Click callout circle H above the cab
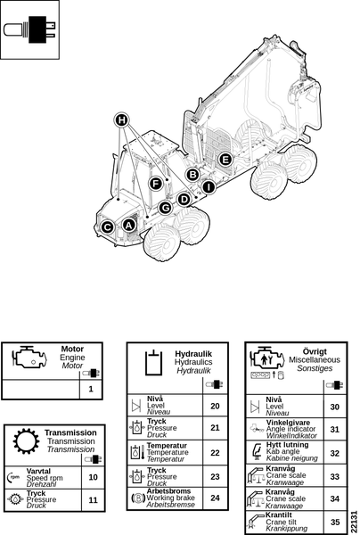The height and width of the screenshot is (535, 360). click(121, 120)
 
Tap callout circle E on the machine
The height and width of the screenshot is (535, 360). click(225, 160)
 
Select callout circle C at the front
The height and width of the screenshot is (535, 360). click(108, 227)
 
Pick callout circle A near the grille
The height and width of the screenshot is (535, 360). click(128, 226)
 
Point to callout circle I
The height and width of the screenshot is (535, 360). click(209, 187)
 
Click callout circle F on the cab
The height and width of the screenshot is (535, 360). click(156, 184)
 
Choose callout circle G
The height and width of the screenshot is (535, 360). click(166, 208)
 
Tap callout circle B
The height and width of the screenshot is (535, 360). click(193, 175)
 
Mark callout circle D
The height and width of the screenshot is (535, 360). click(184, 199)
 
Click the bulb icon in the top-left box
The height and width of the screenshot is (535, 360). click(29, 29)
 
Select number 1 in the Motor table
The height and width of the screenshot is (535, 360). click(91, 389)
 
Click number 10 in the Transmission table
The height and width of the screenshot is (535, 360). click(93, 477)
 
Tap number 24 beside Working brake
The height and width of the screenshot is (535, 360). click(215, 498)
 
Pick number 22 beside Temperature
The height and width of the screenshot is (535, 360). click(215, 453)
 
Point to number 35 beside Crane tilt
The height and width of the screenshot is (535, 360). click(335, 522)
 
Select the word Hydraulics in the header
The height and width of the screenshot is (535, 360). click(193, 362)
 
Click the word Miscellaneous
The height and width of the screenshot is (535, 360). click(315, 359)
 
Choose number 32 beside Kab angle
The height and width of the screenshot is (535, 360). click(335, 453)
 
